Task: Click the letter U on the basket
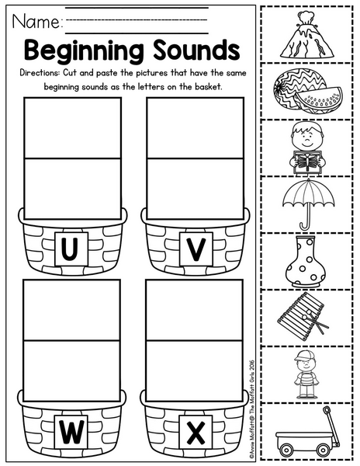tap(71, 249)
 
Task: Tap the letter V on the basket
tap(196, 249)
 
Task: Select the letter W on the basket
tap(71, 433)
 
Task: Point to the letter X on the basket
tap(196, 433)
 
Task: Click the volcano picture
tap(306, 34)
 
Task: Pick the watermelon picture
tap(307, 90)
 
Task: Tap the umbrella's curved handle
tap(306, 225)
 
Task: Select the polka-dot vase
tap(306, 262)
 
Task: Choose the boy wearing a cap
tap(306, 374)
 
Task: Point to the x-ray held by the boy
tap(306, 162)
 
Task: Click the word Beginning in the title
tap(84, 50)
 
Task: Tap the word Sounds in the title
tap(196, 50)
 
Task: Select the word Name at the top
tap(36, 22)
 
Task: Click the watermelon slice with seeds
tap(320, 100)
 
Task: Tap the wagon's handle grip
tap(327, 410)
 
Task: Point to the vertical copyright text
tap(251, 409)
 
